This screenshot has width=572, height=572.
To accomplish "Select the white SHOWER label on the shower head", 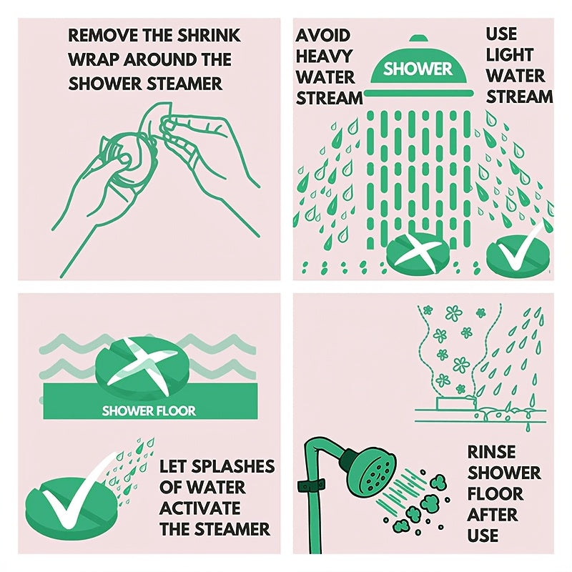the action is pos(418,69).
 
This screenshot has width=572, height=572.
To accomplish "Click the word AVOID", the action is pos(323,36).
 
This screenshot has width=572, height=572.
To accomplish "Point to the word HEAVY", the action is pos(324,56).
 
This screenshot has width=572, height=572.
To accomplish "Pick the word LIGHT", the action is pos(510,55).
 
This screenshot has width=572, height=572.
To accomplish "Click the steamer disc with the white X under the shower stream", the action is pos(418,254).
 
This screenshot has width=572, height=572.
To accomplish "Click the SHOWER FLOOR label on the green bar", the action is pos(149,411).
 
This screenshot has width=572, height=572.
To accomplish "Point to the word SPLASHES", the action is pos(233,467).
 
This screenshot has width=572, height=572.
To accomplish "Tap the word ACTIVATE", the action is pos(200,508).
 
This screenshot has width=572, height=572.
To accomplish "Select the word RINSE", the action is pos(492,453).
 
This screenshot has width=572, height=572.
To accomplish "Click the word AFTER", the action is pos(493,515).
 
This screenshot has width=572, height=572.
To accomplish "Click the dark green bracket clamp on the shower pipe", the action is pos(311,486).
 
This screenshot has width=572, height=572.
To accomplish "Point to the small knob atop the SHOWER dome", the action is pos(418,39).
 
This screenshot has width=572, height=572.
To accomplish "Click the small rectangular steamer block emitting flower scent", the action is pos(455,403).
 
